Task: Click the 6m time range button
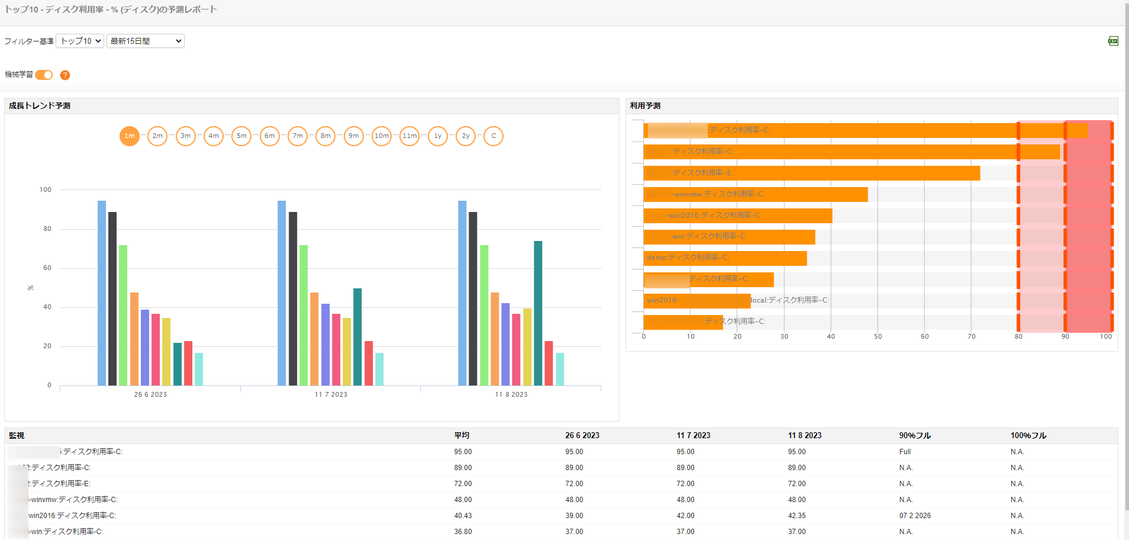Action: pyautogui.click(x=269, y=136)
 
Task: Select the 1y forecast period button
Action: pyautogui.click(x=438, y=136)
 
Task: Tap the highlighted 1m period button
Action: pyautogui.click(x=130, y=136)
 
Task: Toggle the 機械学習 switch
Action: pyautogui.click(x=44, y=75)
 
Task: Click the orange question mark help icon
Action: pyautogui.click(x=65, y=75)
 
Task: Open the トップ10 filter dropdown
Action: pyautogui.click(x=80, y=41)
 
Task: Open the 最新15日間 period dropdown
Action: pyautogui.click(x=146, y=41)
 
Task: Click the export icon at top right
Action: pyautogui.click(x=1113, y=41)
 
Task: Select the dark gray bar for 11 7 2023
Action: pyautogui.click(x=293, y=298)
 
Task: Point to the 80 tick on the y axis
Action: pyautogui.click(x=47, y=229)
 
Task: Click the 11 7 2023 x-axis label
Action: pyautogui.click(x=331, y=394)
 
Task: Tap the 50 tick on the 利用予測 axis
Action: pyautogui.click(x=878, y=336)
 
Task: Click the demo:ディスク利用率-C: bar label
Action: pyautogui.click(x=688, y=258)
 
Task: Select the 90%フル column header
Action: pyautogui.click(x=915, y=436)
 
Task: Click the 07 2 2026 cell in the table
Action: pyautogui.click(x=915, y=516)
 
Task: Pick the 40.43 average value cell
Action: pyautogui.click(x=463, y=516)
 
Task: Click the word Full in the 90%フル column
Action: pyautogui.click(x=905, y=452)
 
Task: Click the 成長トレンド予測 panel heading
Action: pyautogui.click(x=40, y=106)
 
